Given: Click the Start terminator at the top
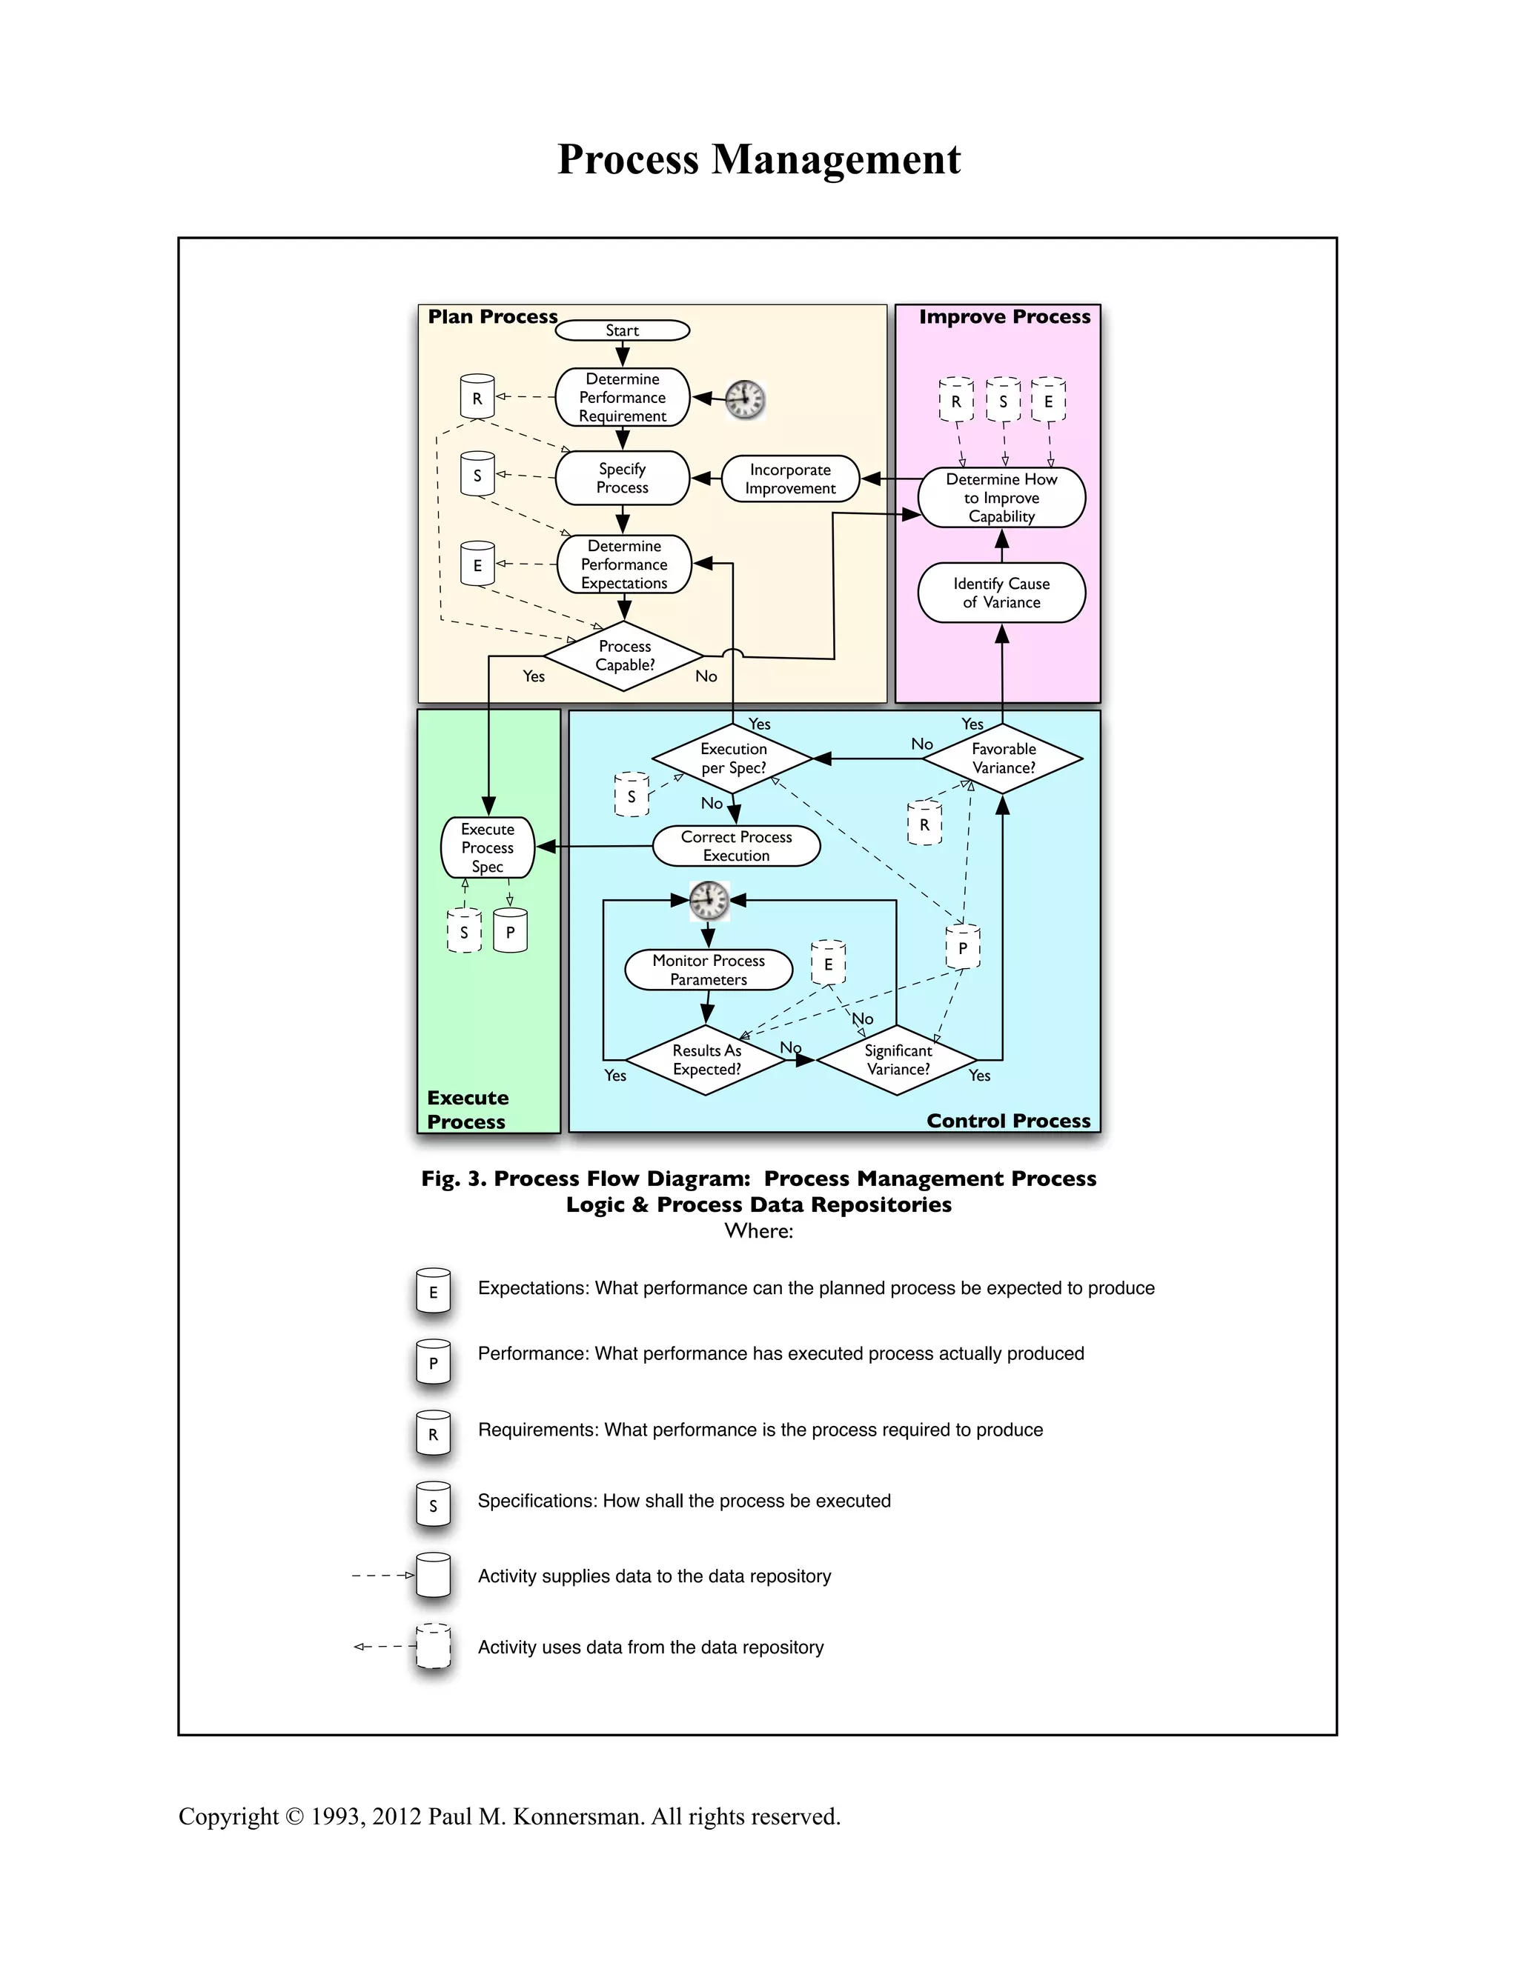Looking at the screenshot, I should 623,331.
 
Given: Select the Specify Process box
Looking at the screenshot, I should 623,479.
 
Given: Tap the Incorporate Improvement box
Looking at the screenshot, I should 789,479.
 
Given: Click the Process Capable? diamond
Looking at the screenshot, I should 624,656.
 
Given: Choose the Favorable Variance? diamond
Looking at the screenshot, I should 1003,759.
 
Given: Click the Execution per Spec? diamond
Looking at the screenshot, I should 733,759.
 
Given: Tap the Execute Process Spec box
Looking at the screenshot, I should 488,847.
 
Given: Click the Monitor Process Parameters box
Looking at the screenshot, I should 708,970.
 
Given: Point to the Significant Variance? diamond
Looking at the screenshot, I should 897,1060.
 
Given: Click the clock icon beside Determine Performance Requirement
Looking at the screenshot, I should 745,399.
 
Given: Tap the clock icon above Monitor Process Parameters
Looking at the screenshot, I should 709,900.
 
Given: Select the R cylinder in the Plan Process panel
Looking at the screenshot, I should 477,397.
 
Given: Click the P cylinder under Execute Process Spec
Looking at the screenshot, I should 510,931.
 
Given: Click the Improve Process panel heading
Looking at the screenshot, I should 1004,317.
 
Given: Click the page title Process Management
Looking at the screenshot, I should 759,160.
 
